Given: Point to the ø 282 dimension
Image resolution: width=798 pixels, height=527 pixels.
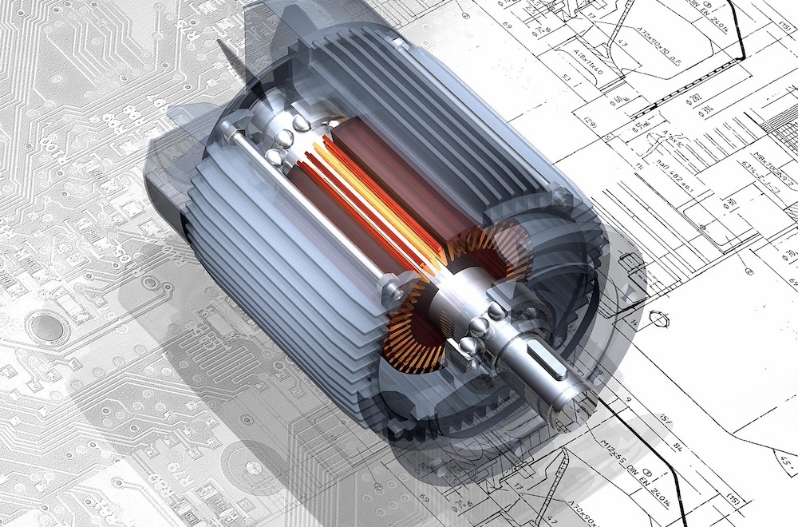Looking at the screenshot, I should coord(693,97).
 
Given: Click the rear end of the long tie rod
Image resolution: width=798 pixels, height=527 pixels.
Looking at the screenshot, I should coord(231,129).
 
